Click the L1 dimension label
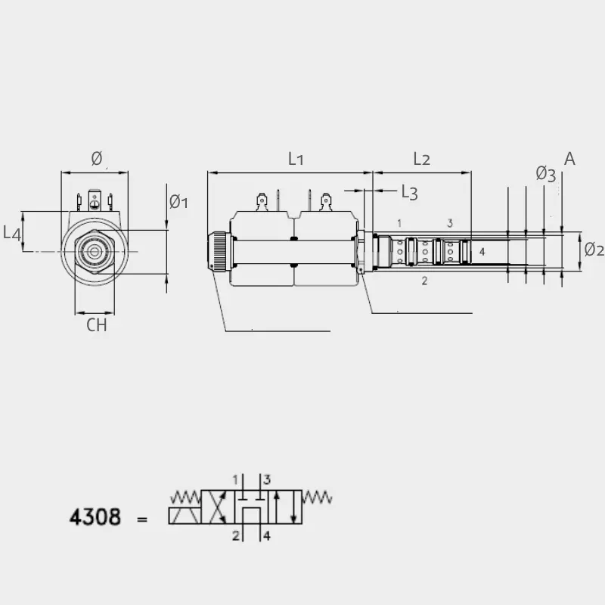pos(296,159)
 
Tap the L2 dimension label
pos(421,159)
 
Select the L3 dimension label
pos(410,192)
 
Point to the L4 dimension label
pos(11,234)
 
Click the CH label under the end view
pos(97,325)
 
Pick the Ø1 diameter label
pos(178,202)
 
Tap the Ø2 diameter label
pos(594,250)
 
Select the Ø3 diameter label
pos(545,174)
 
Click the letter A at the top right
pos(569,159)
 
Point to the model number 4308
pos(95,517)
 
